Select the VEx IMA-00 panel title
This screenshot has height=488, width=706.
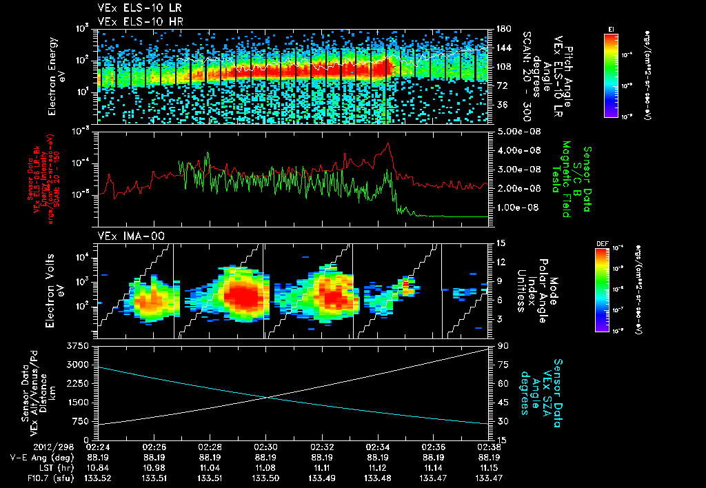click(123, 236)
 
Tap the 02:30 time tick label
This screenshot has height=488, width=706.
click(266, 447)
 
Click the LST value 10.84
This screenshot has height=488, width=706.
click(99, 466)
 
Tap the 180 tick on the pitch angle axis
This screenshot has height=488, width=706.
click(502, 29)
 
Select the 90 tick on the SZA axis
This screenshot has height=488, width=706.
click(502, 345)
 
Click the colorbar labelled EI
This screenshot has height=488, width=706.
click(611, 74)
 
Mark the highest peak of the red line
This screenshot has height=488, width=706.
click(389, 144)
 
